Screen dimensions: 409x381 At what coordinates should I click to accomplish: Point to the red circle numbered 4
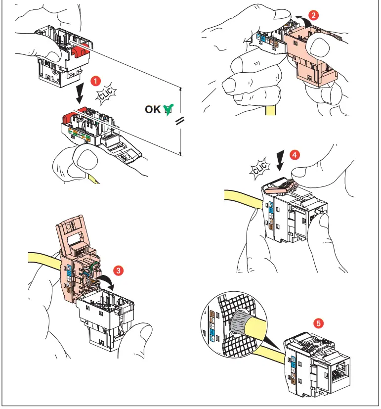coord(295,155)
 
